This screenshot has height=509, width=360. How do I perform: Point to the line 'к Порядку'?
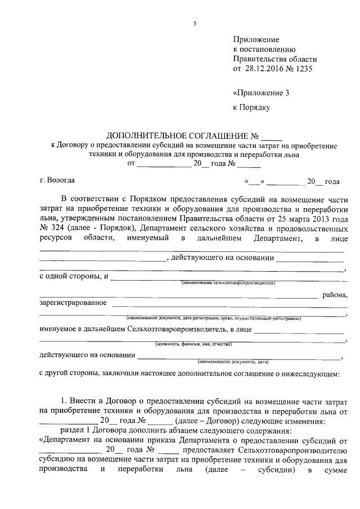[x=253, y=106]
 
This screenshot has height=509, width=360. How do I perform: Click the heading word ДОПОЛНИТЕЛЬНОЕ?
[x=144, y=136]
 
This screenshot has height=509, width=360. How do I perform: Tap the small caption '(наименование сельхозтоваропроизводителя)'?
[x=227, y=283]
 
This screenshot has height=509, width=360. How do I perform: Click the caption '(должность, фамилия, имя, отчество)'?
[x=193, y=344]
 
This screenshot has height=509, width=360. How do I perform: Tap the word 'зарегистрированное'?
[x=73, y=304]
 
